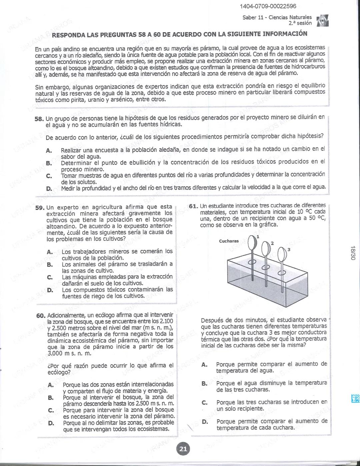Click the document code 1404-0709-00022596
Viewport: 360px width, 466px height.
[x=268, y=6]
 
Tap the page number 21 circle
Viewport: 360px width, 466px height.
[x=183, y=449]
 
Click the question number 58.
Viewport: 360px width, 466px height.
[x=39, y=118]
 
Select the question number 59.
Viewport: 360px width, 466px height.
[x=40, y=207]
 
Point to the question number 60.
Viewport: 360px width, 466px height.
[x=41, y=316]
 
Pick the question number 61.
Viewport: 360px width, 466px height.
[x=193, y=206]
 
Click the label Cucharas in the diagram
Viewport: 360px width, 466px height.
[x=229, y=241]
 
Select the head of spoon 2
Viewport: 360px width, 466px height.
[x=266, y=248]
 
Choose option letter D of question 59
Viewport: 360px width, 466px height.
[x=50, y=290]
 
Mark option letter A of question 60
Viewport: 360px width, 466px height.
[x=51, y=385]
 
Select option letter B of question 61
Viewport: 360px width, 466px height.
[x=204, y=384]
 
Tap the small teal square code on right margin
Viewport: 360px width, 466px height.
[x=355, y=398]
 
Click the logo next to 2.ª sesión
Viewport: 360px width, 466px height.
[x=323, y=20]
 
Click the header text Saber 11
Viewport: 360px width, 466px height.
[x=253, y=17]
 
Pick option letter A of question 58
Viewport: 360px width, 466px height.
[x=49, y=151]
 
